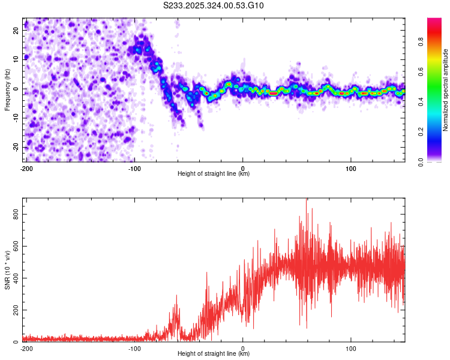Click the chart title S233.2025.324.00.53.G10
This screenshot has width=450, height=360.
click(214, 6)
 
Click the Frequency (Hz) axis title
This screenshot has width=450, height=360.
click(8, 89)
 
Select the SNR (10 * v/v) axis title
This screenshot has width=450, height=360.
click(8, 269)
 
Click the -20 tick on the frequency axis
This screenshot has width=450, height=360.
click(16, 148)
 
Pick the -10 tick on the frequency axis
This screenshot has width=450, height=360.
click(16, 118)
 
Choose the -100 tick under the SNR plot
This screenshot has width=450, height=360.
click(134, 348)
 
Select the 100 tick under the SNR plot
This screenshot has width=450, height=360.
click(351, 348)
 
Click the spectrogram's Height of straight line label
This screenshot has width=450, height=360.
click(214, 174)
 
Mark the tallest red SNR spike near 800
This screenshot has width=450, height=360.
click(307, 200)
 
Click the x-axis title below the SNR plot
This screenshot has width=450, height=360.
click(214, 354)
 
